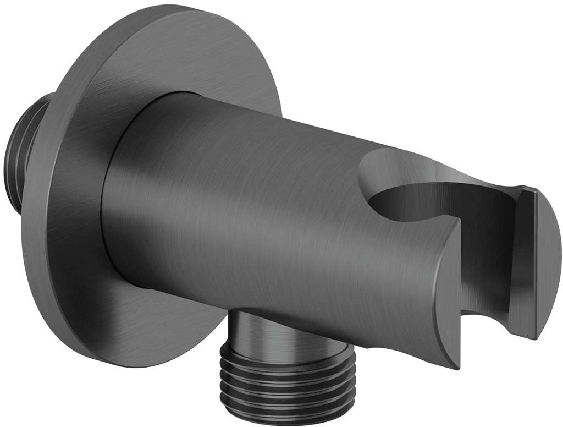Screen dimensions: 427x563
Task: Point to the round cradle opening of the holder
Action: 407,204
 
